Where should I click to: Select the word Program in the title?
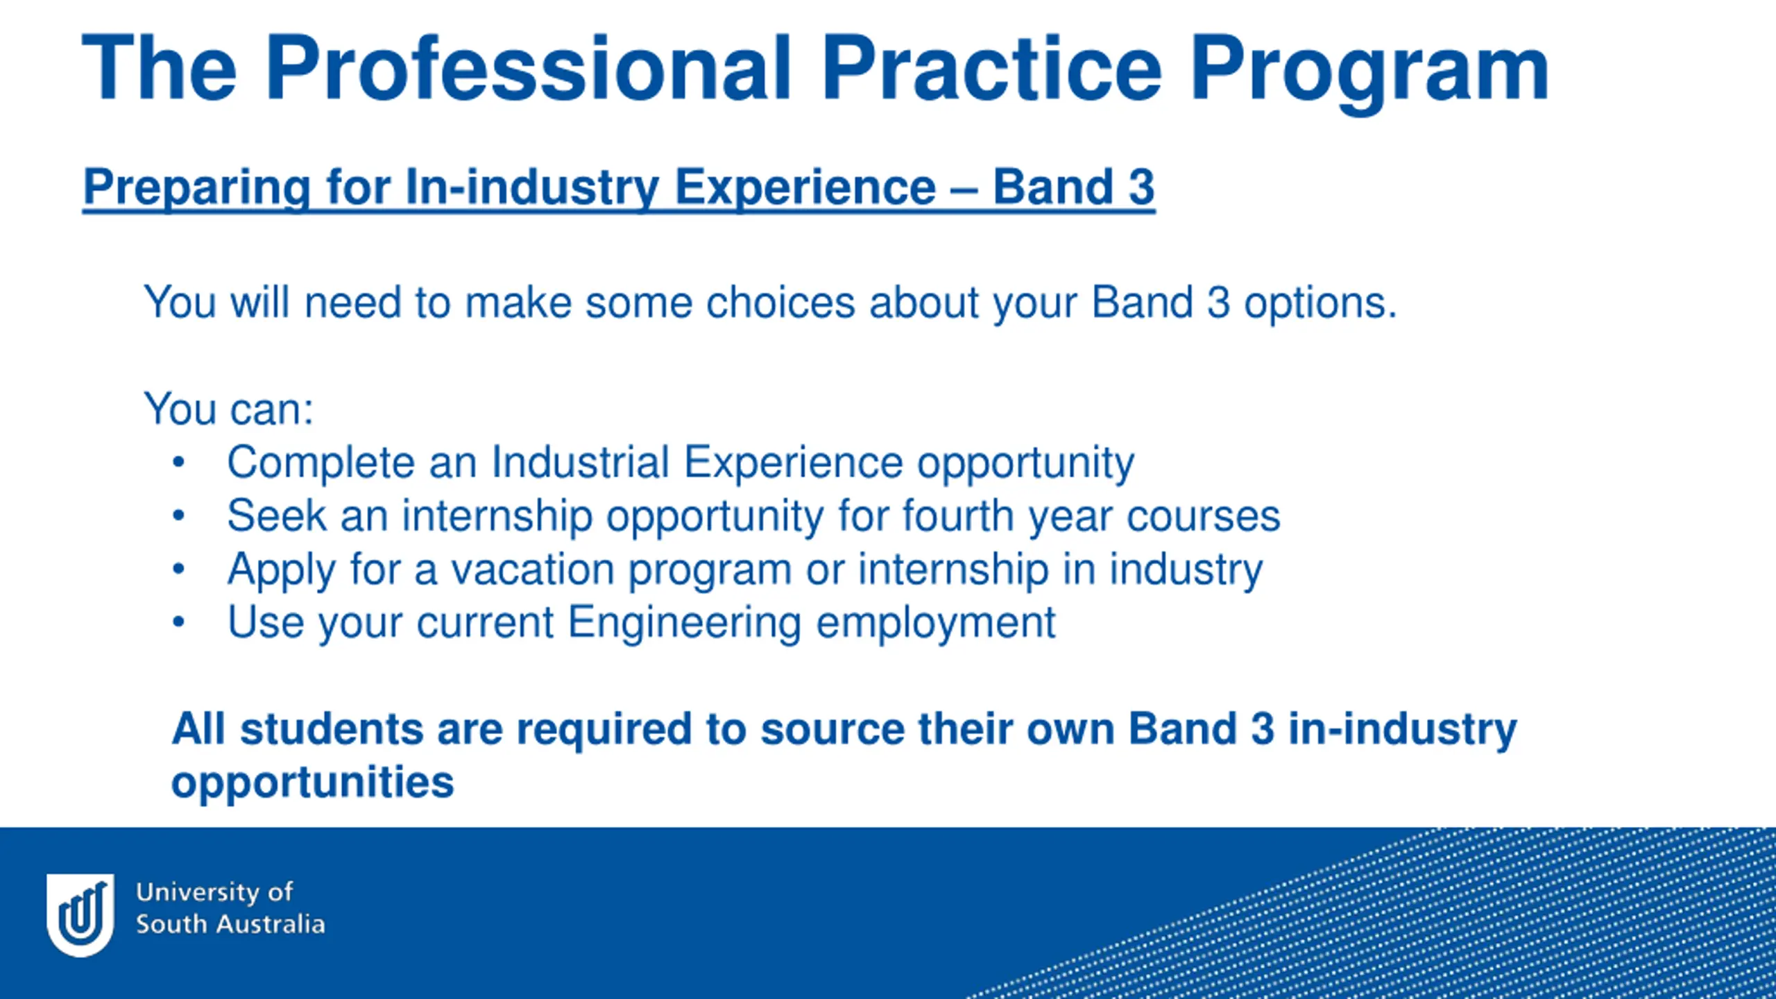click(x=1370, y=74)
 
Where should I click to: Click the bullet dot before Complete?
click(x=178, y=462)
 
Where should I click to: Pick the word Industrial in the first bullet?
click(x=580, y=461)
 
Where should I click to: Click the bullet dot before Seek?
click(x=178, y=515)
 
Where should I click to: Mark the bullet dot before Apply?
click(x=178, y=569)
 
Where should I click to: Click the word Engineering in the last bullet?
click(x=684, y=624)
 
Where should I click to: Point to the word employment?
click(x=935, y=624)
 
